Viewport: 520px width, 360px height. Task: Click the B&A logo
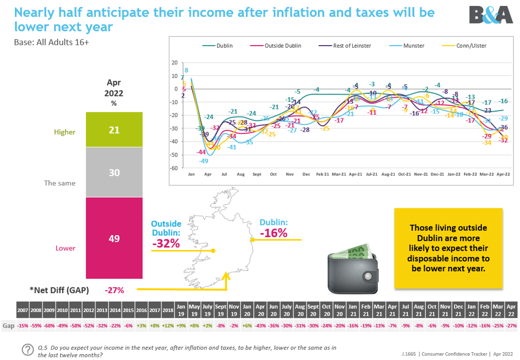pos(491,15)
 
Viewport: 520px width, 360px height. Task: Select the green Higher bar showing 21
pos(114,130)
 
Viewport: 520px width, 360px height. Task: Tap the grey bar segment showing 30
pos(114,172)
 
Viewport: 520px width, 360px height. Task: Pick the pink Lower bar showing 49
pos(114,238)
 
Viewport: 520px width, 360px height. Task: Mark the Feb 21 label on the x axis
pos(322,174)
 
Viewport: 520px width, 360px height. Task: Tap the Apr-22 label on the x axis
pos(503,174)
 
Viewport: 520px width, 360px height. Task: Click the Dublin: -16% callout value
pos(274,233)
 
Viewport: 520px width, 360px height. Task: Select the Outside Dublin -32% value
pos(166,243)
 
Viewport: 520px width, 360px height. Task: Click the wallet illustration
pos(353,269)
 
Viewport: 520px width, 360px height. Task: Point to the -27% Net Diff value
pos(114,290)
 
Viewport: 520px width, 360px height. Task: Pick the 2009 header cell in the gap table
pos(49,310)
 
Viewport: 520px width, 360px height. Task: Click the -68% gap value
pos(49,326)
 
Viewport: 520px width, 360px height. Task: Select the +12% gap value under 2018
pos(168,326)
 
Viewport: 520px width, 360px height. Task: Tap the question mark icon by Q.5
pos(28,350)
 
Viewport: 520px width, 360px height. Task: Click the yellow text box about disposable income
pos(448,248)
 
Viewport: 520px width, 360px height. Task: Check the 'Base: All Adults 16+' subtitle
pos(51,42)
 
